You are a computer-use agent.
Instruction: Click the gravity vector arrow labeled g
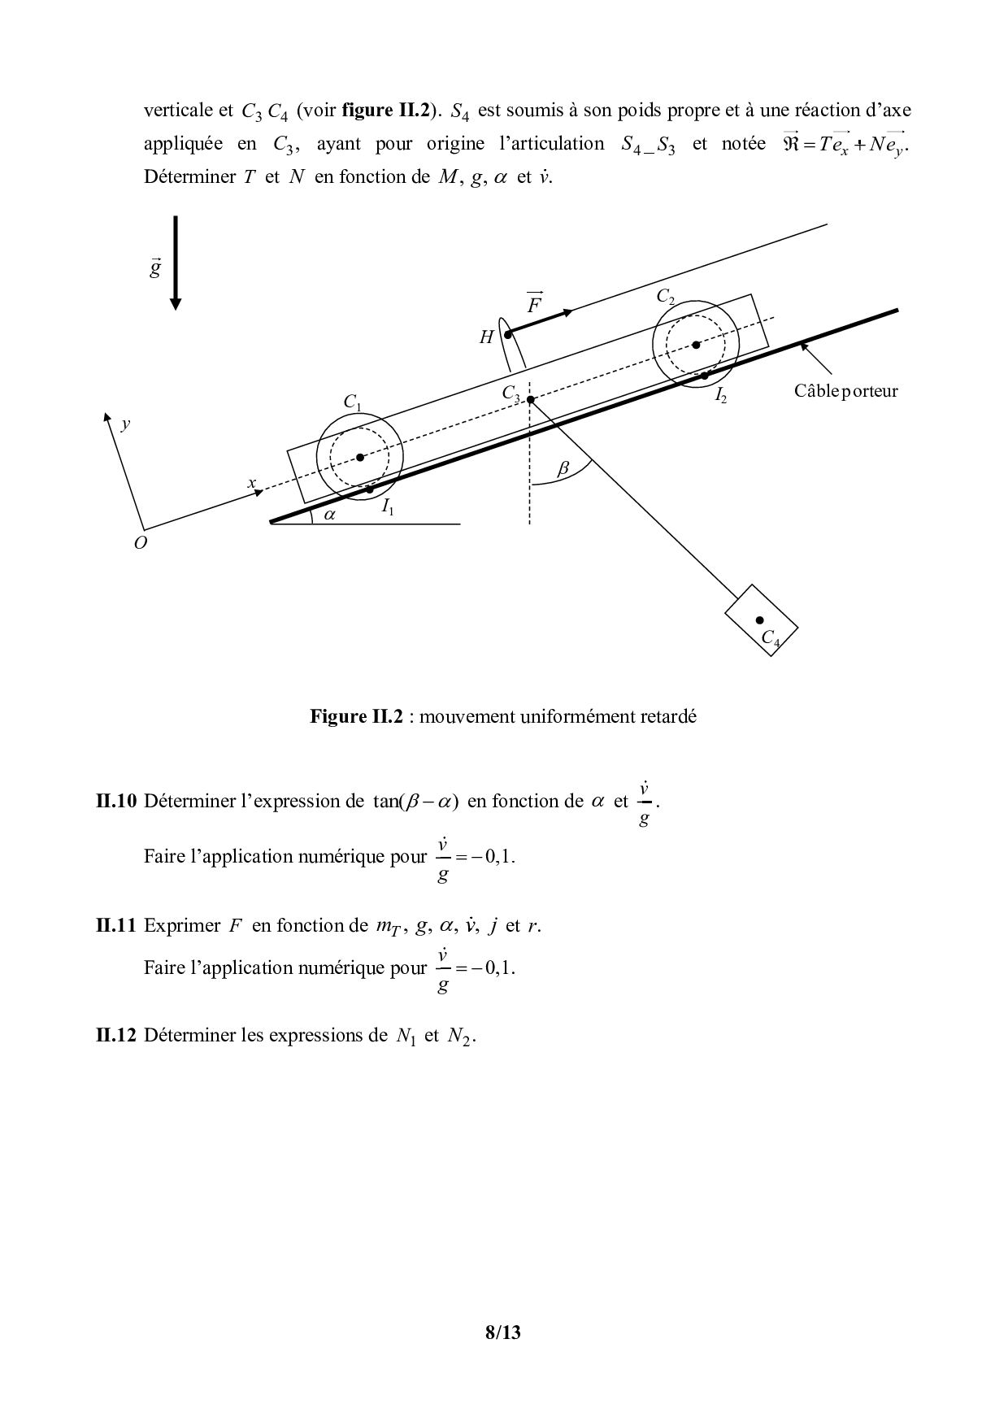pyautogui.click(x=176, y=263)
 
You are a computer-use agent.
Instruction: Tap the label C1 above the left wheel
pyautogui.click(x=352, y=402)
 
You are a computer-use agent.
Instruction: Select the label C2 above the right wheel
pyautogui.click(x=666, y=298)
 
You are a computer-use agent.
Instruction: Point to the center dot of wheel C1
pyautogui.click(x=360, y=457)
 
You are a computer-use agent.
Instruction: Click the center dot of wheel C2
pyautogui.click(x=696, y=345)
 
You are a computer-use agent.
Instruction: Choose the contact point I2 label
pyautogui.click(x=720, y=396)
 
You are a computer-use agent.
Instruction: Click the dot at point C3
pyautogui.click(x=530, y=400)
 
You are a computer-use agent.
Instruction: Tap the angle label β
pyautogui.click(x=563, y=469)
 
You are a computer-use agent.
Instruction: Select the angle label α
pyautogui.click(x=330, y=515)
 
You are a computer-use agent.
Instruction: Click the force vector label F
pyautogui.click(x=535, y=304)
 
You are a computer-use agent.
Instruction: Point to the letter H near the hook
pyautogui.click(x=486, y=337)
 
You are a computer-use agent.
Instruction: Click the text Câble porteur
pyautogui.click(x=845, y=391)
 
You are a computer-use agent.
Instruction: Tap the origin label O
pyautogui.click(x=141, y=543)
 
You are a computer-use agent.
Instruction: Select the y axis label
pyautogui.click(x=125, y=424)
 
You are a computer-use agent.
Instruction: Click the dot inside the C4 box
pyautogui.click(x=759, y=620)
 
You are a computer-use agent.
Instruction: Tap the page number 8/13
pyautogui.click(x=502, y=1333)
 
